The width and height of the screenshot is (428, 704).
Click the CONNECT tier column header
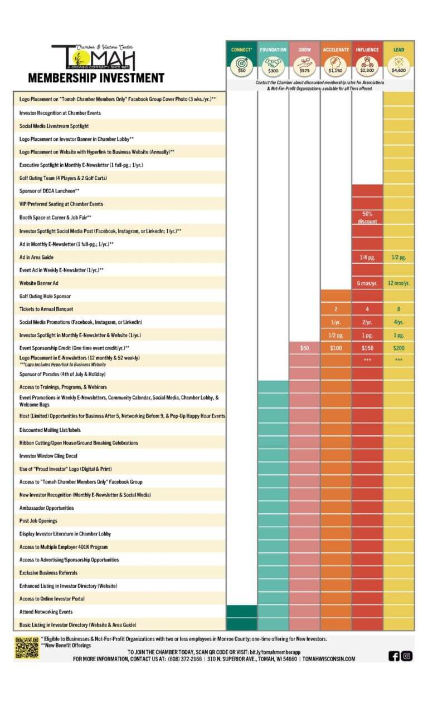tap(241, 50)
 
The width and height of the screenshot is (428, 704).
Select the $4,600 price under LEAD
tap(398, 71)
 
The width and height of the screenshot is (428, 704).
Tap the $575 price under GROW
tap(304, 71)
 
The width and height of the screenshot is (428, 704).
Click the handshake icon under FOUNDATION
tap(273, 62)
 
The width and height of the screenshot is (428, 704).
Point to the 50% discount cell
tap(367, 217)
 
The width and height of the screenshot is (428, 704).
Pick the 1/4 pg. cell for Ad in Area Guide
tap(367, 257)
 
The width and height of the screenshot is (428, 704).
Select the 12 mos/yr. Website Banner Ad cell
tap(398, 283)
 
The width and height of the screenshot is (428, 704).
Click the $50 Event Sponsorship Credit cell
tap(304, 348)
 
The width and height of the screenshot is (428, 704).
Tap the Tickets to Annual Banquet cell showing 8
tap(398, 309)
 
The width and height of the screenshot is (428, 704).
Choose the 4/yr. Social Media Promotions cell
tap(398, 322)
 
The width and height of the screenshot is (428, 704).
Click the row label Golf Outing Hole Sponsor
tap(45, 296)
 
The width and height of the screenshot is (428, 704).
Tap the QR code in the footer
tap(27, 648)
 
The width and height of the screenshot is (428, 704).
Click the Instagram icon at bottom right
tap(407, 656)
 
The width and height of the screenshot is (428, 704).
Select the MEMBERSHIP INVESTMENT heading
tap(96, 78)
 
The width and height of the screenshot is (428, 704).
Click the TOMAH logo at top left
tap(94, 57)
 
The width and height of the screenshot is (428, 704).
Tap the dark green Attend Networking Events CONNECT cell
tap(241, 612)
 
